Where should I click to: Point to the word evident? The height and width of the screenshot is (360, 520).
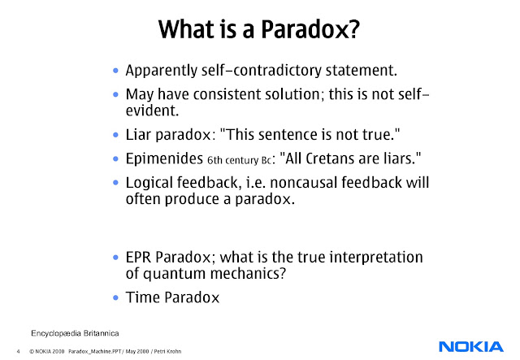[152, 110]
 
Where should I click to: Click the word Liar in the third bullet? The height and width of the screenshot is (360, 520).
[140, 133]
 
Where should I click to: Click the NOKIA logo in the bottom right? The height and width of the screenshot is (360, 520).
[471, 346]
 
